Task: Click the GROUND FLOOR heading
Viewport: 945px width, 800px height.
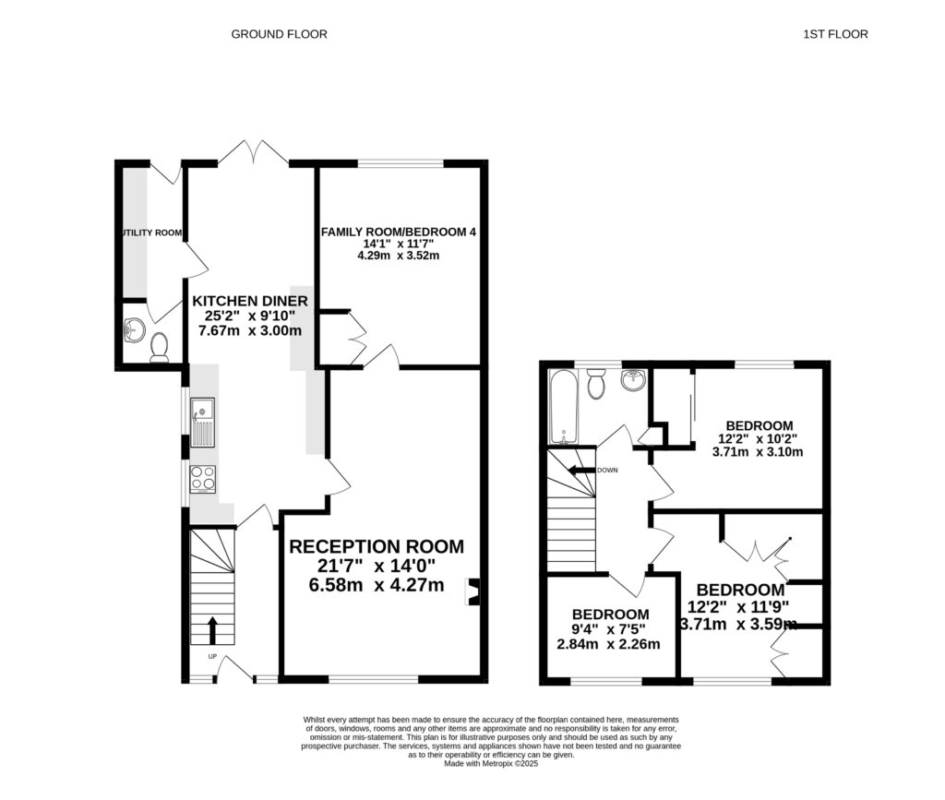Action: (x=279, y=34)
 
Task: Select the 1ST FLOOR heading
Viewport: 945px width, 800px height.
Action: (x=835, y=34)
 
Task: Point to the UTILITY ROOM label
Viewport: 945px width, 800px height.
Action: (x=150, y=233)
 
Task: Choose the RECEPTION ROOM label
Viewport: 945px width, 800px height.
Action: (x=377, y=545)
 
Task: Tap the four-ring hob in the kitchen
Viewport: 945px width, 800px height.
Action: (x=202, y=477)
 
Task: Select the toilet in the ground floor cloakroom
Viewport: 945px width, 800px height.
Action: (x=160, y=346)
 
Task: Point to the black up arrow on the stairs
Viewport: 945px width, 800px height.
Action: (x=211, y=631)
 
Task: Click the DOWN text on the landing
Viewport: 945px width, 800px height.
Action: (x=607, y=471)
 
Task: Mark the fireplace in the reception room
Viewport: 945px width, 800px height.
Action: (x=474, y=592)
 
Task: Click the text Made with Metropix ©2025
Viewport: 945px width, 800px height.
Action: (x=490, y=763)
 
